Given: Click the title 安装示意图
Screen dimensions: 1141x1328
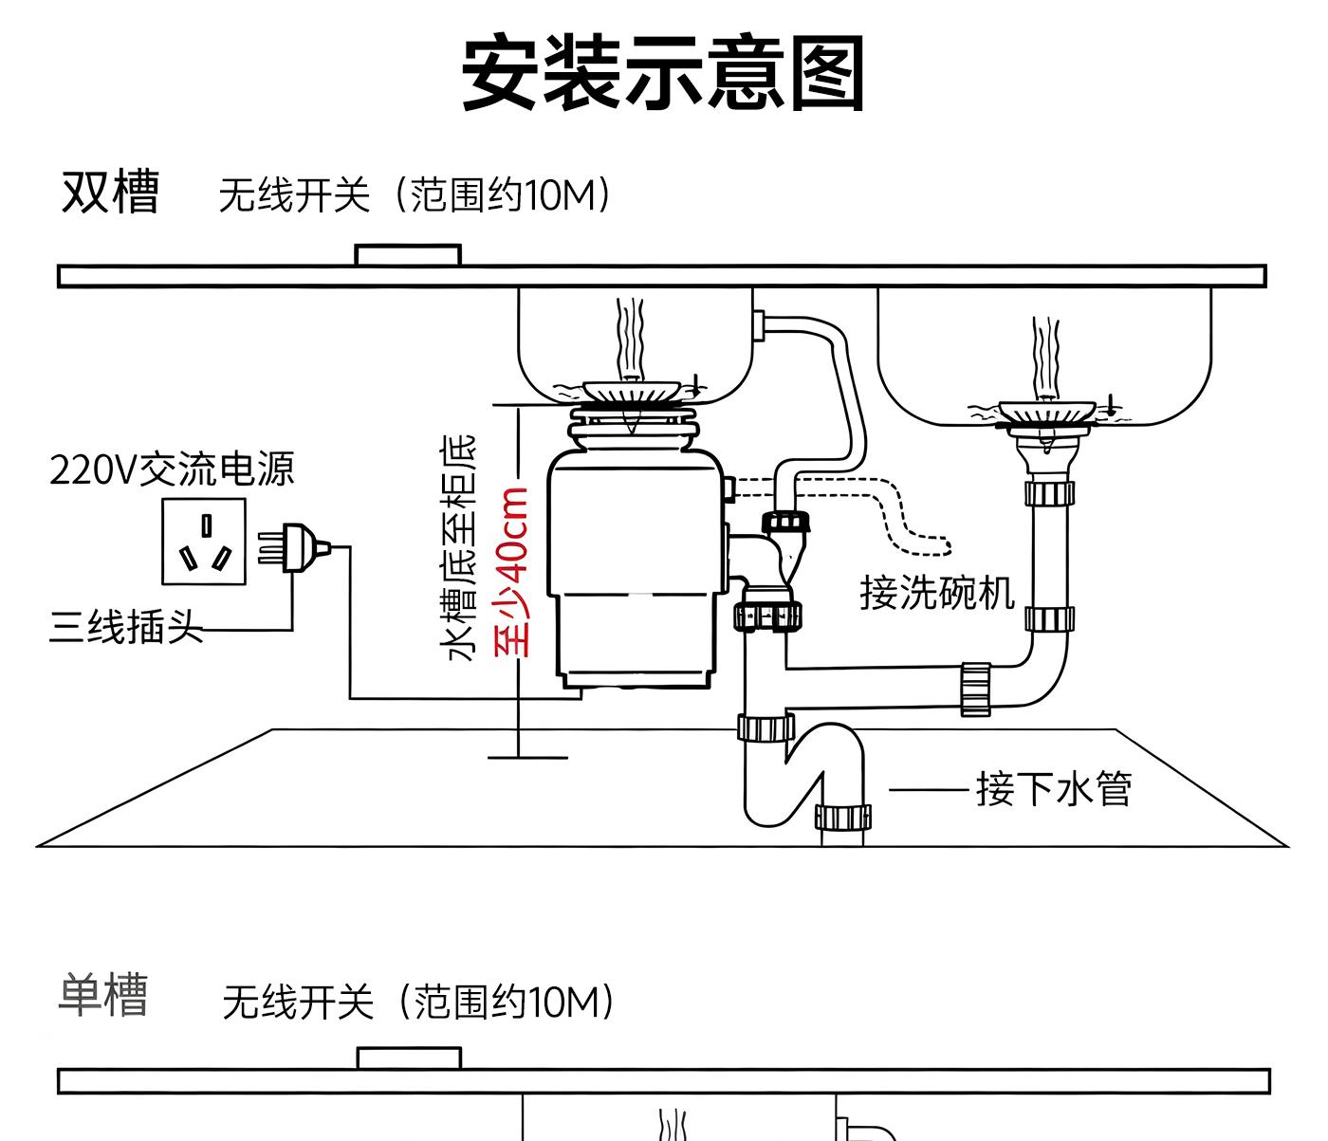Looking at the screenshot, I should click(663, 74).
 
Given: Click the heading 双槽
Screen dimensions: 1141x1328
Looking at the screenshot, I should click(110, 193).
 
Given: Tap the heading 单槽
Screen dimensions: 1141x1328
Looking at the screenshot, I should click(103, 995).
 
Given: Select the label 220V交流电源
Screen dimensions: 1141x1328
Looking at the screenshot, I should click(172, 469).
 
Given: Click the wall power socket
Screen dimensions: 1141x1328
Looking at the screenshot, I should click(204, 542).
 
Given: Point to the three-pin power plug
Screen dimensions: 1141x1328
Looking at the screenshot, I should click(299, 548).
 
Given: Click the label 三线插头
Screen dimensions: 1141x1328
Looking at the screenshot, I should click(125, 626).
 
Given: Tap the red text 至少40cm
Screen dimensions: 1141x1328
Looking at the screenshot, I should click(511, 572).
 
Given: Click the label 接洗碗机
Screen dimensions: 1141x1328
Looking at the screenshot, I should click(936, 592).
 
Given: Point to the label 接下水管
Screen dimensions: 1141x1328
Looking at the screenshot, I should click(1054, 788).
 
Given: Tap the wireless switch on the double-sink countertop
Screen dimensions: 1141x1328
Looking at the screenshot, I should click(408, 255).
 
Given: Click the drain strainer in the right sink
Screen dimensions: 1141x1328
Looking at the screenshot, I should click(1042, 412).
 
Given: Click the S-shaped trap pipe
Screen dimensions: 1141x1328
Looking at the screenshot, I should click(804, 773).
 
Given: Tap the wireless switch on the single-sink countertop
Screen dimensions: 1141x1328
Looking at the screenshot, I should click(409, 1058).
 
